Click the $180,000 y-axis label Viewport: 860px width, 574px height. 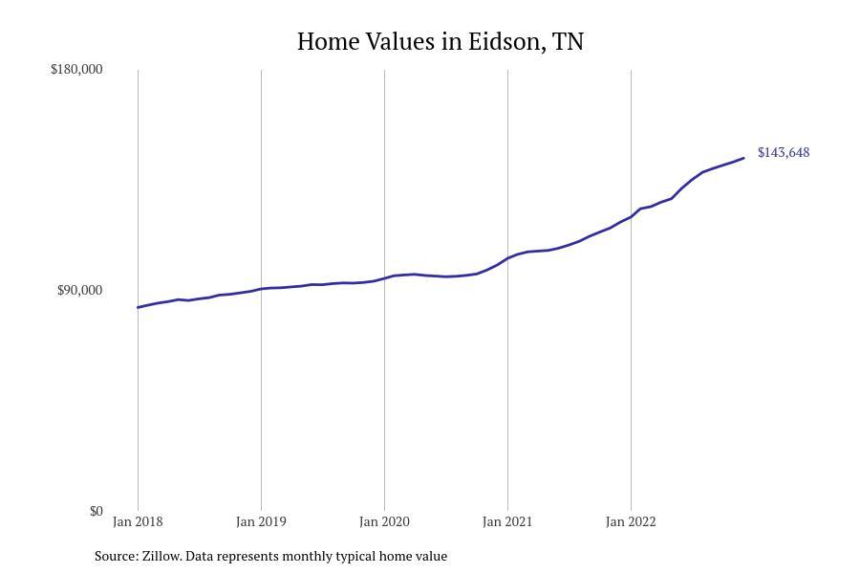[x=76, y=69]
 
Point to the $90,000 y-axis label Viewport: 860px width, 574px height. [x=79, y=290]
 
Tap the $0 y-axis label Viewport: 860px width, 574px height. [x=96, y=511]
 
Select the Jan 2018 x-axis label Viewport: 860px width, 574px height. [x=138, y=521]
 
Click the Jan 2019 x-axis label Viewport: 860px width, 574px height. [x=261, y=521]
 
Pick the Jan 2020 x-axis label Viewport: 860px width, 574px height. [x=384, y=521]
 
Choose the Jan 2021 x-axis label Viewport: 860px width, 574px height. [x=507, y=521]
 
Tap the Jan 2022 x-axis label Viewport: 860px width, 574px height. [x=631, y=521]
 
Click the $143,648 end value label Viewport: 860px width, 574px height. [x=783, y=152]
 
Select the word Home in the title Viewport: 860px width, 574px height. [x=328, y=42]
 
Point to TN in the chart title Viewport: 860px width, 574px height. [x=568, y=42]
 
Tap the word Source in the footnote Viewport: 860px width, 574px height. [x=115, y=556]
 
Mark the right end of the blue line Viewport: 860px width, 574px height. [x=743, y=158]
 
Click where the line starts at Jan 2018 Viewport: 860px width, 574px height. [x=138, y=307]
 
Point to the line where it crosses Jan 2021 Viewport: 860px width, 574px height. [x=507, y=257]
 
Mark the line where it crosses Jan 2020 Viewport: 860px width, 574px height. [x=384, y=278]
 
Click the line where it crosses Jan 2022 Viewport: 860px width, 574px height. [x=631, y=215]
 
